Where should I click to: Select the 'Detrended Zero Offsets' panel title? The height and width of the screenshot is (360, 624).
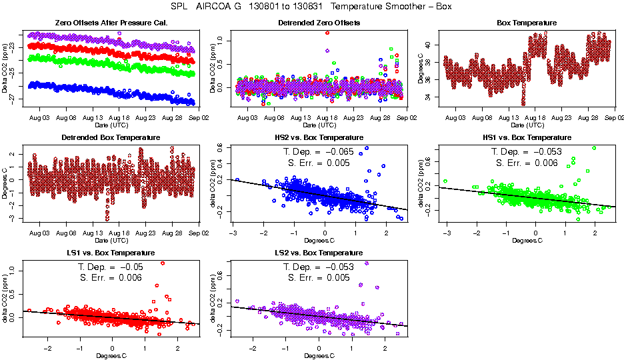[x=319, y=23]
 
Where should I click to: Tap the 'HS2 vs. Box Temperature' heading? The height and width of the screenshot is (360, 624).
[x=319, y=138]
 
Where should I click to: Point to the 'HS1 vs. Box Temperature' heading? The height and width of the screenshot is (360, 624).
[x=527, y=138]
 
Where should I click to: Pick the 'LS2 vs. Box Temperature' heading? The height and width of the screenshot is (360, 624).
[x=319, y=253]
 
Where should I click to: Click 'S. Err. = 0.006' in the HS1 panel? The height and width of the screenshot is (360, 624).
[x=527, y=162]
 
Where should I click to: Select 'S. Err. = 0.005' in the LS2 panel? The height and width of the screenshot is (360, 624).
[x=319, y=277]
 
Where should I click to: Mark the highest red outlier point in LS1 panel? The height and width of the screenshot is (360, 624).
[x=163, y=263]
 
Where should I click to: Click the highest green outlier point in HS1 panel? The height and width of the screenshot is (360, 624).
[x=593, y=148]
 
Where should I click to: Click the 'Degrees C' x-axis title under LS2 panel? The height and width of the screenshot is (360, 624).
[x=319, y=355]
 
